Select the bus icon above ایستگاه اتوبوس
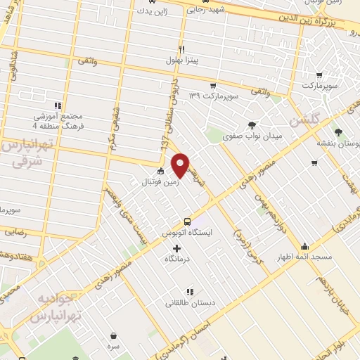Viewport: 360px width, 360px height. click(186, 220)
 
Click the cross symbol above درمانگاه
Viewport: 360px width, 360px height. click(176, 247)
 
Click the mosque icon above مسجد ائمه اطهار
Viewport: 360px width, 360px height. click(304, 246)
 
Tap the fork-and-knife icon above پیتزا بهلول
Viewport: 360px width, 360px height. click(181, 50)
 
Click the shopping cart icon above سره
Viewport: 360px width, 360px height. click(113, 335)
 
